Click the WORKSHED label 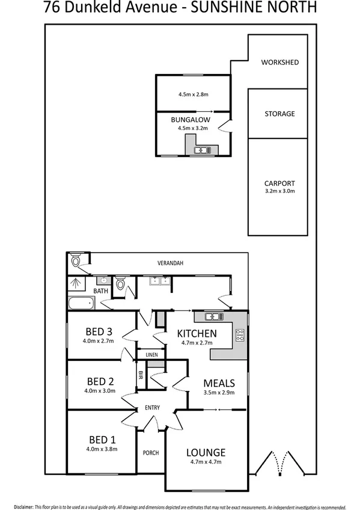pos(279,63)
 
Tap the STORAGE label pos(279,114)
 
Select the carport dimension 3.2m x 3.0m pos(279,192)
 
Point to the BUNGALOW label pos(192,120)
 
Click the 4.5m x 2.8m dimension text pos(193,94)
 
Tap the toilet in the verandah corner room pos(76,261)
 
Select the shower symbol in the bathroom pos(76,283)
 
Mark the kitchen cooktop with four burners pos(240,336)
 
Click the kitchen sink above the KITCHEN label pos(213,317)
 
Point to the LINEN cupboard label pos(151,355)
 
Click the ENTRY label pos(152,408)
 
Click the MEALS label pos(219,383)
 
